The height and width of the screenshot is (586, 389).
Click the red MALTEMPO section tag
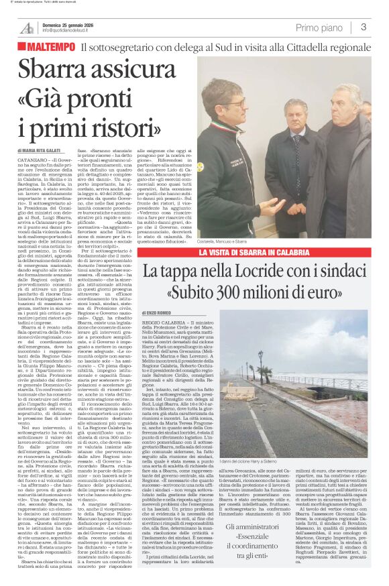[50, 47]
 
